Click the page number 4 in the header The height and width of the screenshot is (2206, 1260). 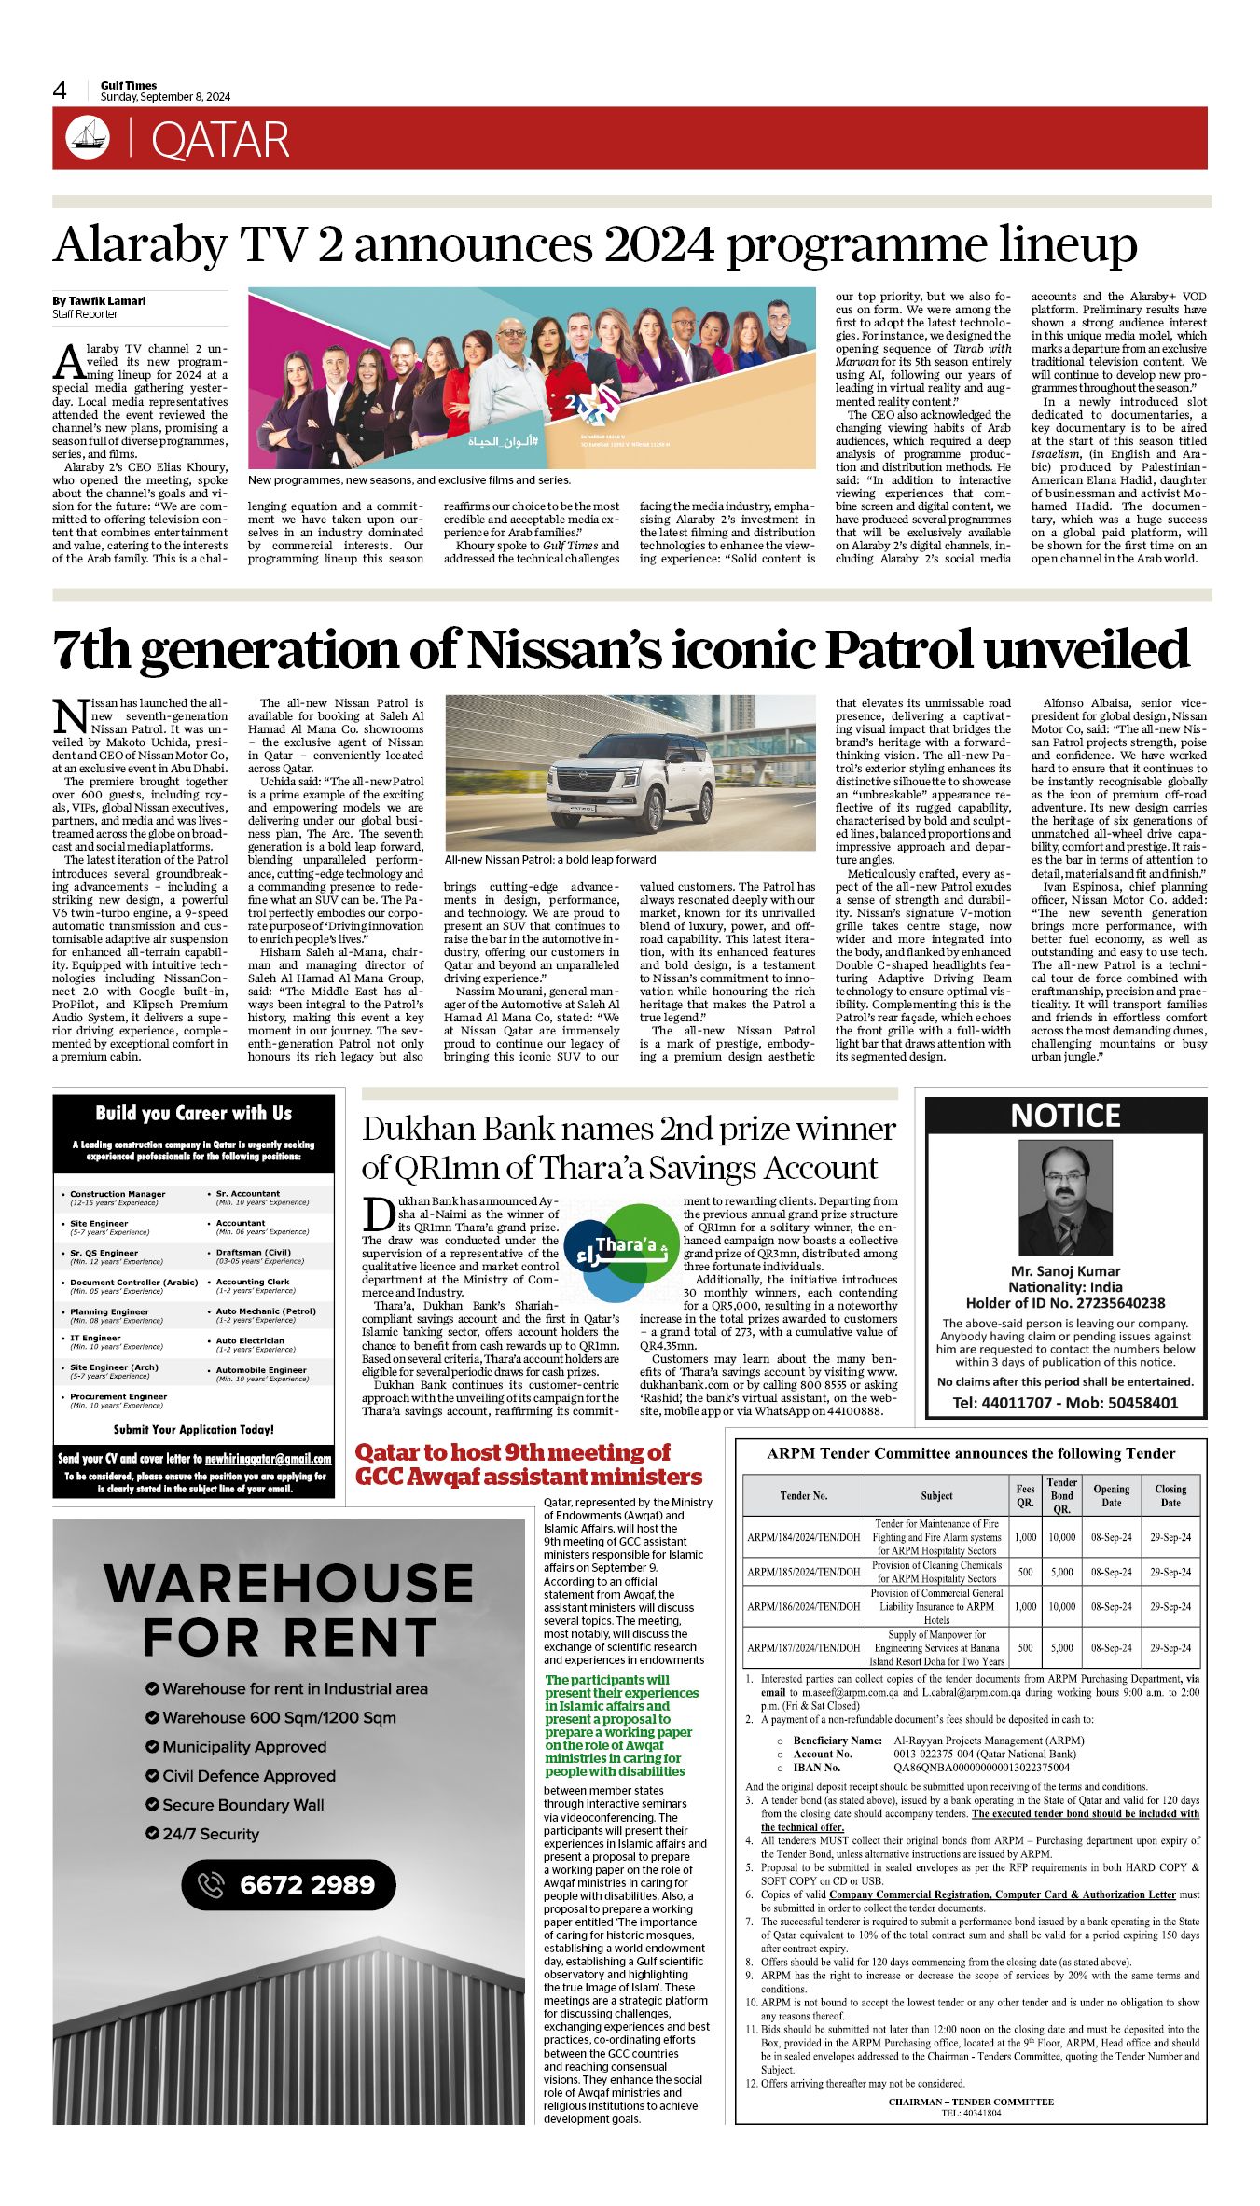pyautogui.click(x=60, y=90)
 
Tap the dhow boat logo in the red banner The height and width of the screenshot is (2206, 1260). pyautogui.click(x=88, y=138)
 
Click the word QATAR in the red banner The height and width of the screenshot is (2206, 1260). pyautogui.click(x=220, y=141)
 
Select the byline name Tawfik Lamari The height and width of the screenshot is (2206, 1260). pyautogui.click(x=106, y=301)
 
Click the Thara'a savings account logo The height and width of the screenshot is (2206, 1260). pyautogui.click(x=620, y=1251)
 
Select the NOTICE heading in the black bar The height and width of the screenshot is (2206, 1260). pyautogui.click(x=1065, y=1116)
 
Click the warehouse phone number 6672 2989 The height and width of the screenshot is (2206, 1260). pyautogui.click(x=306, y=1885)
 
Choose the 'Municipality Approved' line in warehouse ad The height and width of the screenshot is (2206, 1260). pyautogui.click(x=244, y=1747)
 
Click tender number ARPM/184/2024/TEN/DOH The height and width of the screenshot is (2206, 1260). pyautogui.click(x=803, y=1537)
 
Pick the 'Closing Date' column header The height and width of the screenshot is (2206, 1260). pyautogui.click(x=1170, y=1495)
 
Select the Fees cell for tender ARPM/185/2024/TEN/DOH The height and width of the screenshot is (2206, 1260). pyautogui.click(x=1025, y=1572)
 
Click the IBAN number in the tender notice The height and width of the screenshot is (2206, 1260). pyautogui.click(x=981, y=1767)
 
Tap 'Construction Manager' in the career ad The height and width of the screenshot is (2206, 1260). pyautogui.click(x=118, y=1194)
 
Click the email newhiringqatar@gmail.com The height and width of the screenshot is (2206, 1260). pyautogui.click(x=268, y=1458)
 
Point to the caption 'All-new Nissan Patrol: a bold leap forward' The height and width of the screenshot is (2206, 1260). pyautogui.click(x=549, y=860)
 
